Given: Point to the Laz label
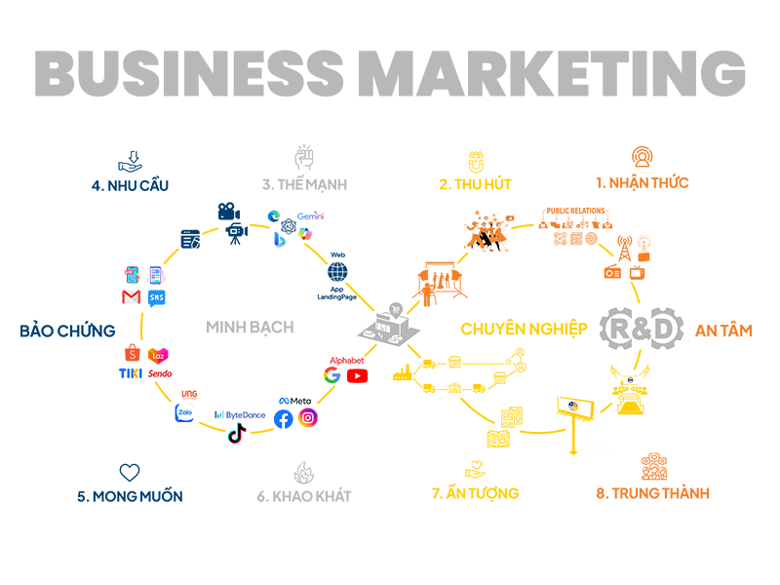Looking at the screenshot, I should click(x=158, y=356).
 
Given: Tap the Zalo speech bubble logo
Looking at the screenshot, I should click(x=185, y=413).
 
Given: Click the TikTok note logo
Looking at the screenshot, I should click(x=235, y=433).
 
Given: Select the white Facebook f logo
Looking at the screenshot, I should click(x=285, y=421).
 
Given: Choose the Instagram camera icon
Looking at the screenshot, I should click(x=308, y=417).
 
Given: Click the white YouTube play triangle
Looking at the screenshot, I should click(x=359, y=374).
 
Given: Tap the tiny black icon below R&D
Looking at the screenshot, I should click(x=632, y=380).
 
